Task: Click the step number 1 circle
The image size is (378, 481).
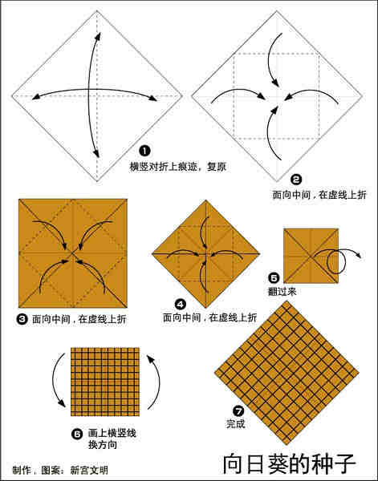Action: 144,151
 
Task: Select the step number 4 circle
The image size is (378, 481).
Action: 181,304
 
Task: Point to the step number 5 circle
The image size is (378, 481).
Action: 274,278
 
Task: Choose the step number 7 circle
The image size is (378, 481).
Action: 238,410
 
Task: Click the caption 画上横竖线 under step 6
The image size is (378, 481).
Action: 109,433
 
